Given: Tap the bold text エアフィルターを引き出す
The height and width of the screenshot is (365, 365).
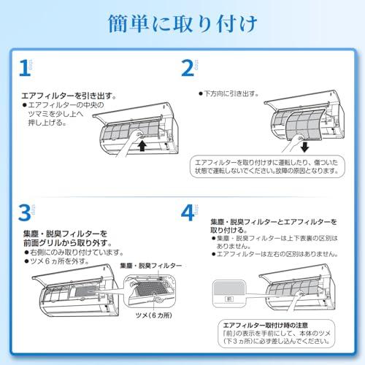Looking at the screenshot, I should (69, 96).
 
